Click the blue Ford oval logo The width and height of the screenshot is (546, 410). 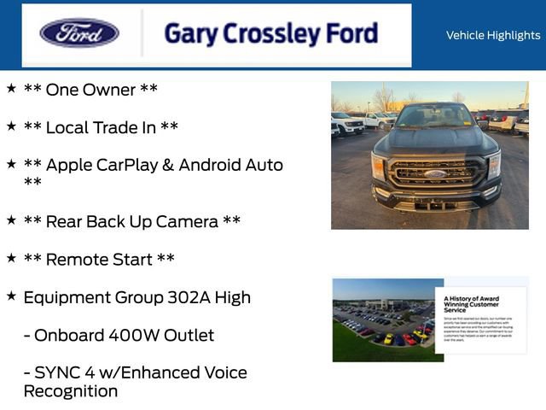tap(79, 33)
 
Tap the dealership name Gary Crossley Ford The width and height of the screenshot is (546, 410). tap(270, 34)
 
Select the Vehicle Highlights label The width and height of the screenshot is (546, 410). tap(492, 35)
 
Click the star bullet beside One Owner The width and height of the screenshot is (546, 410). tap(11, 88)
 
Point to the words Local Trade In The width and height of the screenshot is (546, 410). tap(101, 127)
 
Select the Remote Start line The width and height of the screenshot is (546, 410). tap(99, 259)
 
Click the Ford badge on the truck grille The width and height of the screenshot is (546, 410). tap(434, 173)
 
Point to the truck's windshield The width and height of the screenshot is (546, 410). tap(434, 116)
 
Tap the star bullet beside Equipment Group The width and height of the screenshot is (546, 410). tap(11, 296)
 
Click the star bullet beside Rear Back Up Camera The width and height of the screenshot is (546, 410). tap(11, 220)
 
